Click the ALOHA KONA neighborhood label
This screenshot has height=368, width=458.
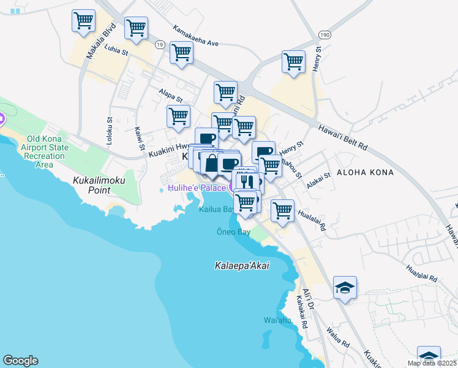[365, 172]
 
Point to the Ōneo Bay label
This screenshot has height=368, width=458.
[233, 232]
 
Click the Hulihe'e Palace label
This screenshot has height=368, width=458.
[197, 187]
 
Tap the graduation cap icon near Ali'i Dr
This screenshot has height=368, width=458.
[345, 287]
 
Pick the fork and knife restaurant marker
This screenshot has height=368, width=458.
[246, 181]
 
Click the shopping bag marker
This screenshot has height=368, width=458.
[211, 164]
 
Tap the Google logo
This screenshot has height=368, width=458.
[20, 361]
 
